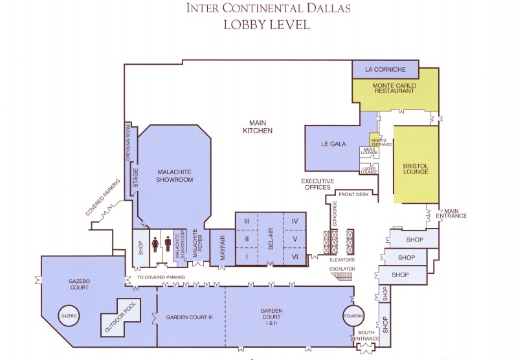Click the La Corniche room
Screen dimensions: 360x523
point(386,69)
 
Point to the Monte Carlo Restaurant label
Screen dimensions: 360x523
point(394,88)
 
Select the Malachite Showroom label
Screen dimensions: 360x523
point(175,175)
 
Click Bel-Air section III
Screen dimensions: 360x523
point(247,221)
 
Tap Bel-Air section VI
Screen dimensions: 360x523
point(295,256)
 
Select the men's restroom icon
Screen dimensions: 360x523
point(168,243)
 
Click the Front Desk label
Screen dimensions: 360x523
point(353,194)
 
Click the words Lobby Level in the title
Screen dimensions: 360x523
point(266,25)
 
